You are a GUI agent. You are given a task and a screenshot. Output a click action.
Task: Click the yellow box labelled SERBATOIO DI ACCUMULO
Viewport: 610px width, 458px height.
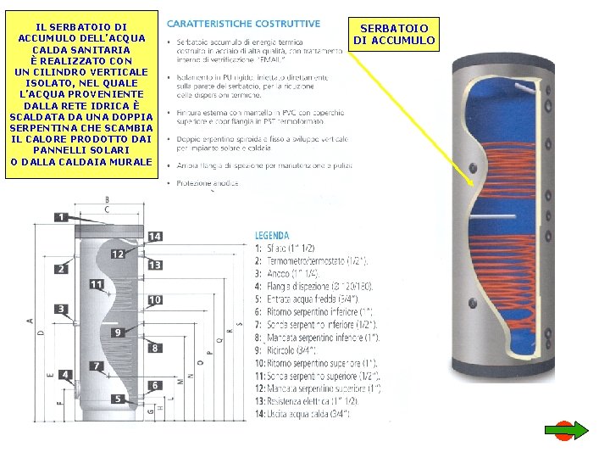pyautogui.click(x=394, y=34)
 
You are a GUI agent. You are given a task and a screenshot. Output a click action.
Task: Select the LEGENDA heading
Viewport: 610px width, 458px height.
pyautogui.click(x=272, y=235)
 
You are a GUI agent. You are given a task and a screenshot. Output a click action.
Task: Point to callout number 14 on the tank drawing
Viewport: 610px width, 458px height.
pyautogui.click(x=154, y=236)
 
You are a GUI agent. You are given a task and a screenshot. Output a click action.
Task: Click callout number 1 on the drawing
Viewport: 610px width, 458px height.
pyautogui.click(x=61, y=217)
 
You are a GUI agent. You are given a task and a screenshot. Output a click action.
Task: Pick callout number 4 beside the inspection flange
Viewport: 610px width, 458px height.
pyautogui.click(x=66, y=374)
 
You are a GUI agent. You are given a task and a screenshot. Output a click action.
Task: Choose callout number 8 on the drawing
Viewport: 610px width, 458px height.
pyautogui.click(x=155, y=348)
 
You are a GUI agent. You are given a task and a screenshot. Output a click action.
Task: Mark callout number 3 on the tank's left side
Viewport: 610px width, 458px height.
pyautogui.click(x=61, y=309)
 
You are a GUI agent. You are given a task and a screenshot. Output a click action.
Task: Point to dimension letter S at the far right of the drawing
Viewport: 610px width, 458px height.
pyautogui.click(x=240, y=323)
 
